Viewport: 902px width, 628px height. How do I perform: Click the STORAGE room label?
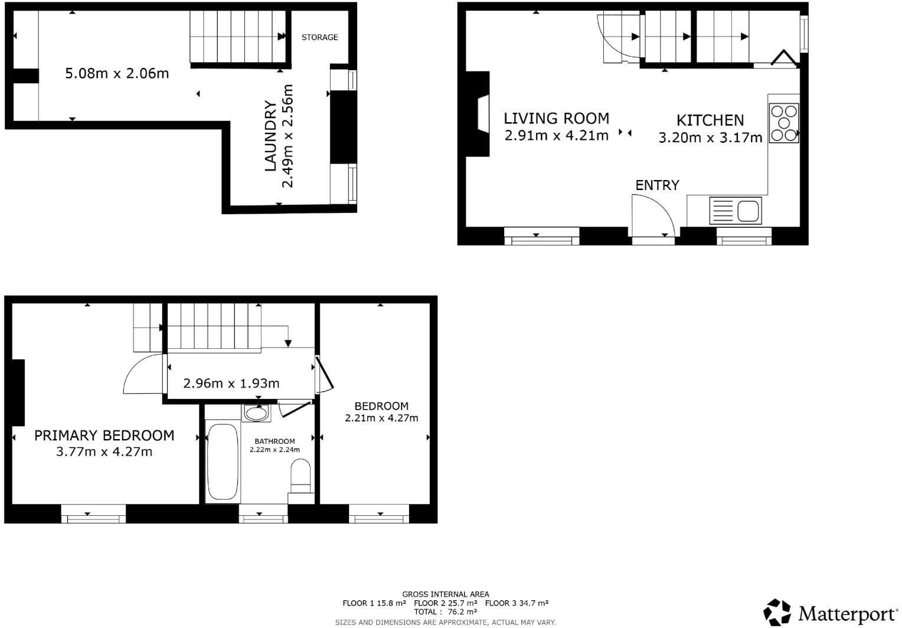point(319,37)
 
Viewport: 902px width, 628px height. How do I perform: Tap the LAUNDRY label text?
point(270,136)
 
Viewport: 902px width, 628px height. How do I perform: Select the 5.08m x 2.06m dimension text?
point(116,74)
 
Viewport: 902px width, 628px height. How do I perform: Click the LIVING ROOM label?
point(556,118)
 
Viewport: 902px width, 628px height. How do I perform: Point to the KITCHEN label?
point(710,120)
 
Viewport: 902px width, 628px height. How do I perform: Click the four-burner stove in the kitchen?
point(784,123)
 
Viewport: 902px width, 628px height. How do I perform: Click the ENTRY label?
point(657,185)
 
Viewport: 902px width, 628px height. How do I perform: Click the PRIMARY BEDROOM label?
point(104,436)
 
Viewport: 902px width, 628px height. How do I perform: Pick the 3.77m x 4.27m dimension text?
point(104,452)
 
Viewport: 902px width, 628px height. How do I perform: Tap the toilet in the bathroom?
point(300,475)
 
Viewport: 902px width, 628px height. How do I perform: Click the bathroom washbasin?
point(256,413)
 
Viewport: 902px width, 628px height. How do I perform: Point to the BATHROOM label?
point(274,441)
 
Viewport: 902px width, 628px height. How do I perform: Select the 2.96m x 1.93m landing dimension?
point(231,384)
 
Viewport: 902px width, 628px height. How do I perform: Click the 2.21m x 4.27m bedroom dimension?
point(381,418)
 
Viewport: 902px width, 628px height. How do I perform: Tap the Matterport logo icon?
point(777,612)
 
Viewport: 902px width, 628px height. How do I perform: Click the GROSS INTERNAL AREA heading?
point(445,594)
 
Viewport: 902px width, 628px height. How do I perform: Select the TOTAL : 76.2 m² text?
point(445,612)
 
